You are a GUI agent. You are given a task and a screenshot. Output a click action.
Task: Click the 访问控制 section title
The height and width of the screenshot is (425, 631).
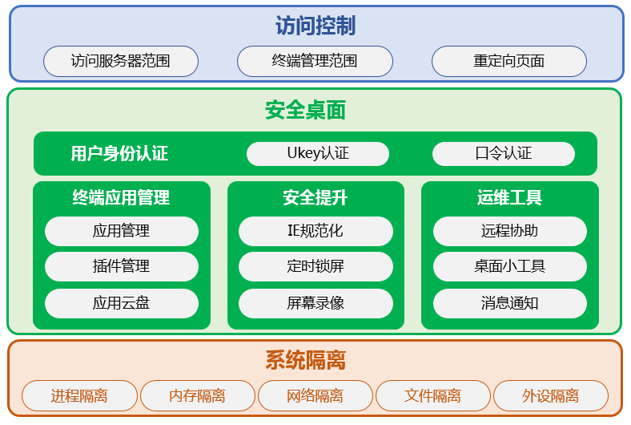tap(315, 26)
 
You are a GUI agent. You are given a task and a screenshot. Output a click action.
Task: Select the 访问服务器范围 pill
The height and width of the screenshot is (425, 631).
tap(121, 61)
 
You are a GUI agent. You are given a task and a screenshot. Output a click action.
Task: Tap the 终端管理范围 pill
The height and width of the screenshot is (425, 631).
tap(315, 61)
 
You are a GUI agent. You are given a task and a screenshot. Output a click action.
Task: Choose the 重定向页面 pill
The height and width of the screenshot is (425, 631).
tap(509, 61)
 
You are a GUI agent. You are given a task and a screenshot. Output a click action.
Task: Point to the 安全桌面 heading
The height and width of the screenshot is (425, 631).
tap(305, 110)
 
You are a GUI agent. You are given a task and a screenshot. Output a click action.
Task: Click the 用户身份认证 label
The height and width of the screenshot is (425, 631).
tap(119, 153)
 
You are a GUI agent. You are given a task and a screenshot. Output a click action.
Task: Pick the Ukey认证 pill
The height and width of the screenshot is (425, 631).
tap(318, 153)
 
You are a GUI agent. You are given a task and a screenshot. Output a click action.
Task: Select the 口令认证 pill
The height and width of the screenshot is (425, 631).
tap(504, 153)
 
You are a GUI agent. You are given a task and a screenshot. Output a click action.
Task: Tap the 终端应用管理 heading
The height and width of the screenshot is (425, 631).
tap(121, 197)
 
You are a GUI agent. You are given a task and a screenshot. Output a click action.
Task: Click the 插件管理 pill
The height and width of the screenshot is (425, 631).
tap(122, 266)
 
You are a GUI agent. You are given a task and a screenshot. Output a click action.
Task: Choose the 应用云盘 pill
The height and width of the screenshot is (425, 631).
tap(122, 303)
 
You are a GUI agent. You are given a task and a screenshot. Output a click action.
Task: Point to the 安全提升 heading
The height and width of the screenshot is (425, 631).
tap(315, 197)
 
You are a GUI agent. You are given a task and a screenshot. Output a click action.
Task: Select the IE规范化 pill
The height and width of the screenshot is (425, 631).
tap(315, 231)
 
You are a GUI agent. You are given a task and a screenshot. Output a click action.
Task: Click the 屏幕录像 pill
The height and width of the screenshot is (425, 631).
tap(315, 303)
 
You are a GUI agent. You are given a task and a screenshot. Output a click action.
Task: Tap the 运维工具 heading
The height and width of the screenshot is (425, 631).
tap(509, 197)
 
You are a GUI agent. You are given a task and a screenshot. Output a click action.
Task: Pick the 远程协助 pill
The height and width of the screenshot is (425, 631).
tap(510, 231)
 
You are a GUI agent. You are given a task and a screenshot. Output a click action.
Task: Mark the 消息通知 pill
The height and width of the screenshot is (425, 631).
tap(510, 303)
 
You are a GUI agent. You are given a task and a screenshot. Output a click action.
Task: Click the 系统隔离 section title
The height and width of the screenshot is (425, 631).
tap(305, 360)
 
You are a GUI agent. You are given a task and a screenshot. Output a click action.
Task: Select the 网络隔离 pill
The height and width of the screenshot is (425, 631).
tap(315, 395)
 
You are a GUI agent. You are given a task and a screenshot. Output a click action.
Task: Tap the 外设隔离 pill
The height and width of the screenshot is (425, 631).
tap(550, 395)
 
